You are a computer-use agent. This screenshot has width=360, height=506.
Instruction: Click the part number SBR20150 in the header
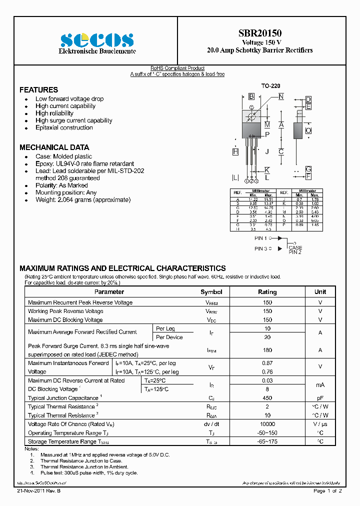[x=259, y=33]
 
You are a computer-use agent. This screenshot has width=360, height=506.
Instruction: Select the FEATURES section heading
[x=38, y=90]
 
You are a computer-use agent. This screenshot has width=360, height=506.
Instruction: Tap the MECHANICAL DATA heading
[x=54, y=147]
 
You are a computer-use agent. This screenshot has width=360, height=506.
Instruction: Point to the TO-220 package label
[x=271, y=86]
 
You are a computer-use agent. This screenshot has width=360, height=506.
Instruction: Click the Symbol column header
[x=211, y=292]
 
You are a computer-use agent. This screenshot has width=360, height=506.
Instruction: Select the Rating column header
[x=267, y=292]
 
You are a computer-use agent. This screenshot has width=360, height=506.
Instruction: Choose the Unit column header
[x=320, y=292]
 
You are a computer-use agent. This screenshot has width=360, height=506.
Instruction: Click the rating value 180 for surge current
[x=267, y=350]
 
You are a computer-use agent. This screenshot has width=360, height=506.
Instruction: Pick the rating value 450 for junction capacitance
[x=267, y=398]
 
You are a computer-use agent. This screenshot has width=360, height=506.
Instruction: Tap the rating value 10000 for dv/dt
[x=267, y=424]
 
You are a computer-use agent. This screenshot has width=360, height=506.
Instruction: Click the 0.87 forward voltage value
[x=267, y=363]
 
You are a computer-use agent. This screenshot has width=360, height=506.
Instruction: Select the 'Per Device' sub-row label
[x=169, y=337]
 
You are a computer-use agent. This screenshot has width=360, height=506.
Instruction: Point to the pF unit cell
[x=320, y=398]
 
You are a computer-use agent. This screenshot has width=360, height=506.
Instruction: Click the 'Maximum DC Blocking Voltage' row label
[x=65, y=320]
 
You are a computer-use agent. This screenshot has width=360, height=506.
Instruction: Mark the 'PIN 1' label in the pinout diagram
[x=261, y=238]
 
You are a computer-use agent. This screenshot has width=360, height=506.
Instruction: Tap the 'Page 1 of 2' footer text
[x=327, y=491]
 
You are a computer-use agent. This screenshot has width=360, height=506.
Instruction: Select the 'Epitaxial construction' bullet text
[x=64, y=127]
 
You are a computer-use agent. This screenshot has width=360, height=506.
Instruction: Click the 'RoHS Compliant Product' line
[x=177, y=68]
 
